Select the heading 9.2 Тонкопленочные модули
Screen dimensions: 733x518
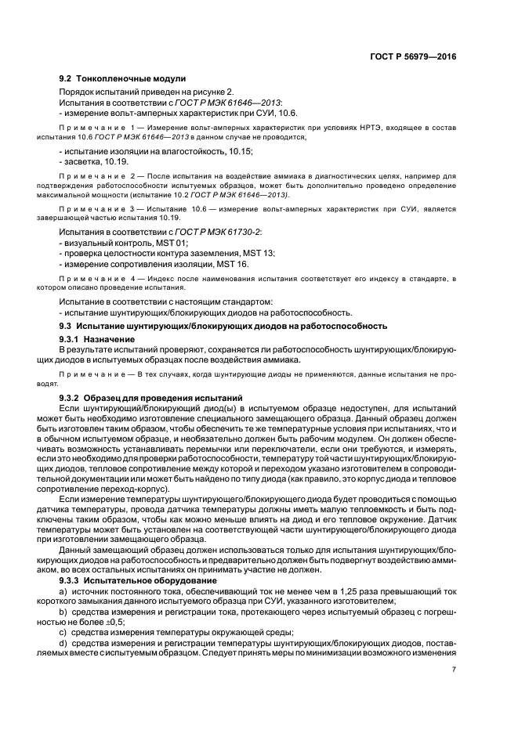[x=122, y=79]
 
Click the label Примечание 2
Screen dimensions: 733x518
[x=100, y=177]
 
